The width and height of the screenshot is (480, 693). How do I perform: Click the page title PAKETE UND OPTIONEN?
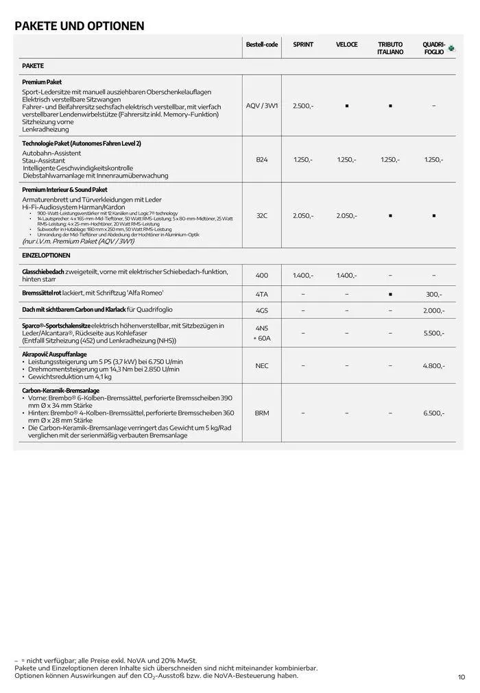[80, 27]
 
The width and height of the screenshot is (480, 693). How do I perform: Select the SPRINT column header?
[303, 45]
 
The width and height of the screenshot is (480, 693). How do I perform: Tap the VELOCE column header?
[346, 45]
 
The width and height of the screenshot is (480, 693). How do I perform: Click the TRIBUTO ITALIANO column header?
[390, 49]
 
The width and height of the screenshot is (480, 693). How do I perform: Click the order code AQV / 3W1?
[262, 106]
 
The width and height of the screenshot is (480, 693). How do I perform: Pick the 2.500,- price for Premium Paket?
[303, 106]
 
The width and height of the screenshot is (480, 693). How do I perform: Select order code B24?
[262, 160]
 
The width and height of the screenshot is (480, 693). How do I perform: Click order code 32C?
[262, 216]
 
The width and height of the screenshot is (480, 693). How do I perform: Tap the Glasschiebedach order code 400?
[262, 276]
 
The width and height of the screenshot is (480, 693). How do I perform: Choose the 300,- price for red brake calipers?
[434, 294]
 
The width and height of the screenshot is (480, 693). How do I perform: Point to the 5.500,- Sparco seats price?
[434, 333]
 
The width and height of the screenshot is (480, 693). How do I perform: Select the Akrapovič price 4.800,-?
[434, 366]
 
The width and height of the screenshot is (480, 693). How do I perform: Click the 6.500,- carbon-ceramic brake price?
[434, 413]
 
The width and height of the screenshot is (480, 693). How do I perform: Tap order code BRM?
[262, 413]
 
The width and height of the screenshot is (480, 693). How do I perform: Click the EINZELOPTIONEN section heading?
[46, 256]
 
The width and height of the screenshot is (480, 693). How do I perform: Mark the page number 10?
[461, 677]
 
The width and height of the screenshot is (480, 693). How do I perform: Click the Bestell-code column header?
[262, 45]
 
